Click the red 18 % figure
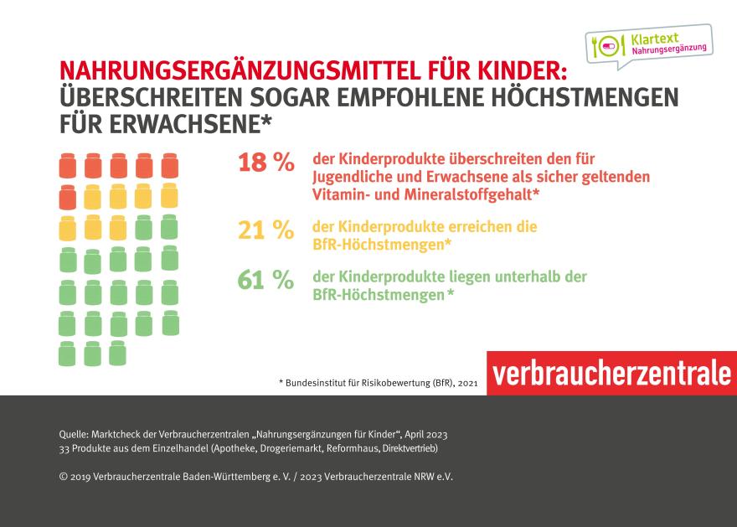pos(265,163)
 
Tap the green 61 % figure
pos(265,281)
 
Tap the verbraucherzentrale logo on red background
pos(611,374)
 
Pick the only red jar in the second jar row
pos(68,198)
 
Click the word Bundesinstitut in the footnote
pos(316,383)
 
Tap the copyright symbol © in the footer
pos(64,476)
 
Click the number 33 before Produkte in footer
pos(65,449)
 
